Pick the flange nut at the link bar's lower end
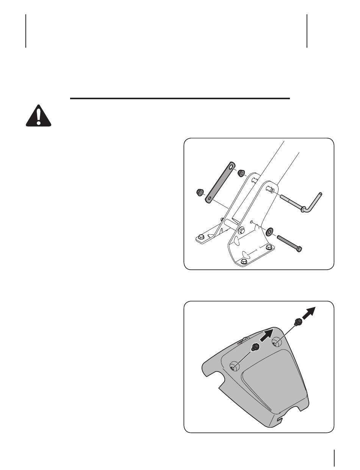pyautogui.click(x=198, y=192)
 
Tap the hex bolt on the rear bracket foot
pyautogui.click(x=201, y=237)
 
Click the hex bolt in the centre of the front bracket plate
pyautogui.click(x=241, y=230)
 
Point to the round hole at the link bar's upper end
pyautogui.click(x=231, y=166)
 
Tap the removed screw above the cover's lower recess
pyautogui.click(x=255, y=347)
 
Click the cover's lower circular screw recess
pyautogui.click(x=234, y=366)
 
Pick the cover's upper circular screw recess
pyautogui.click(x=276, y=340)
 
